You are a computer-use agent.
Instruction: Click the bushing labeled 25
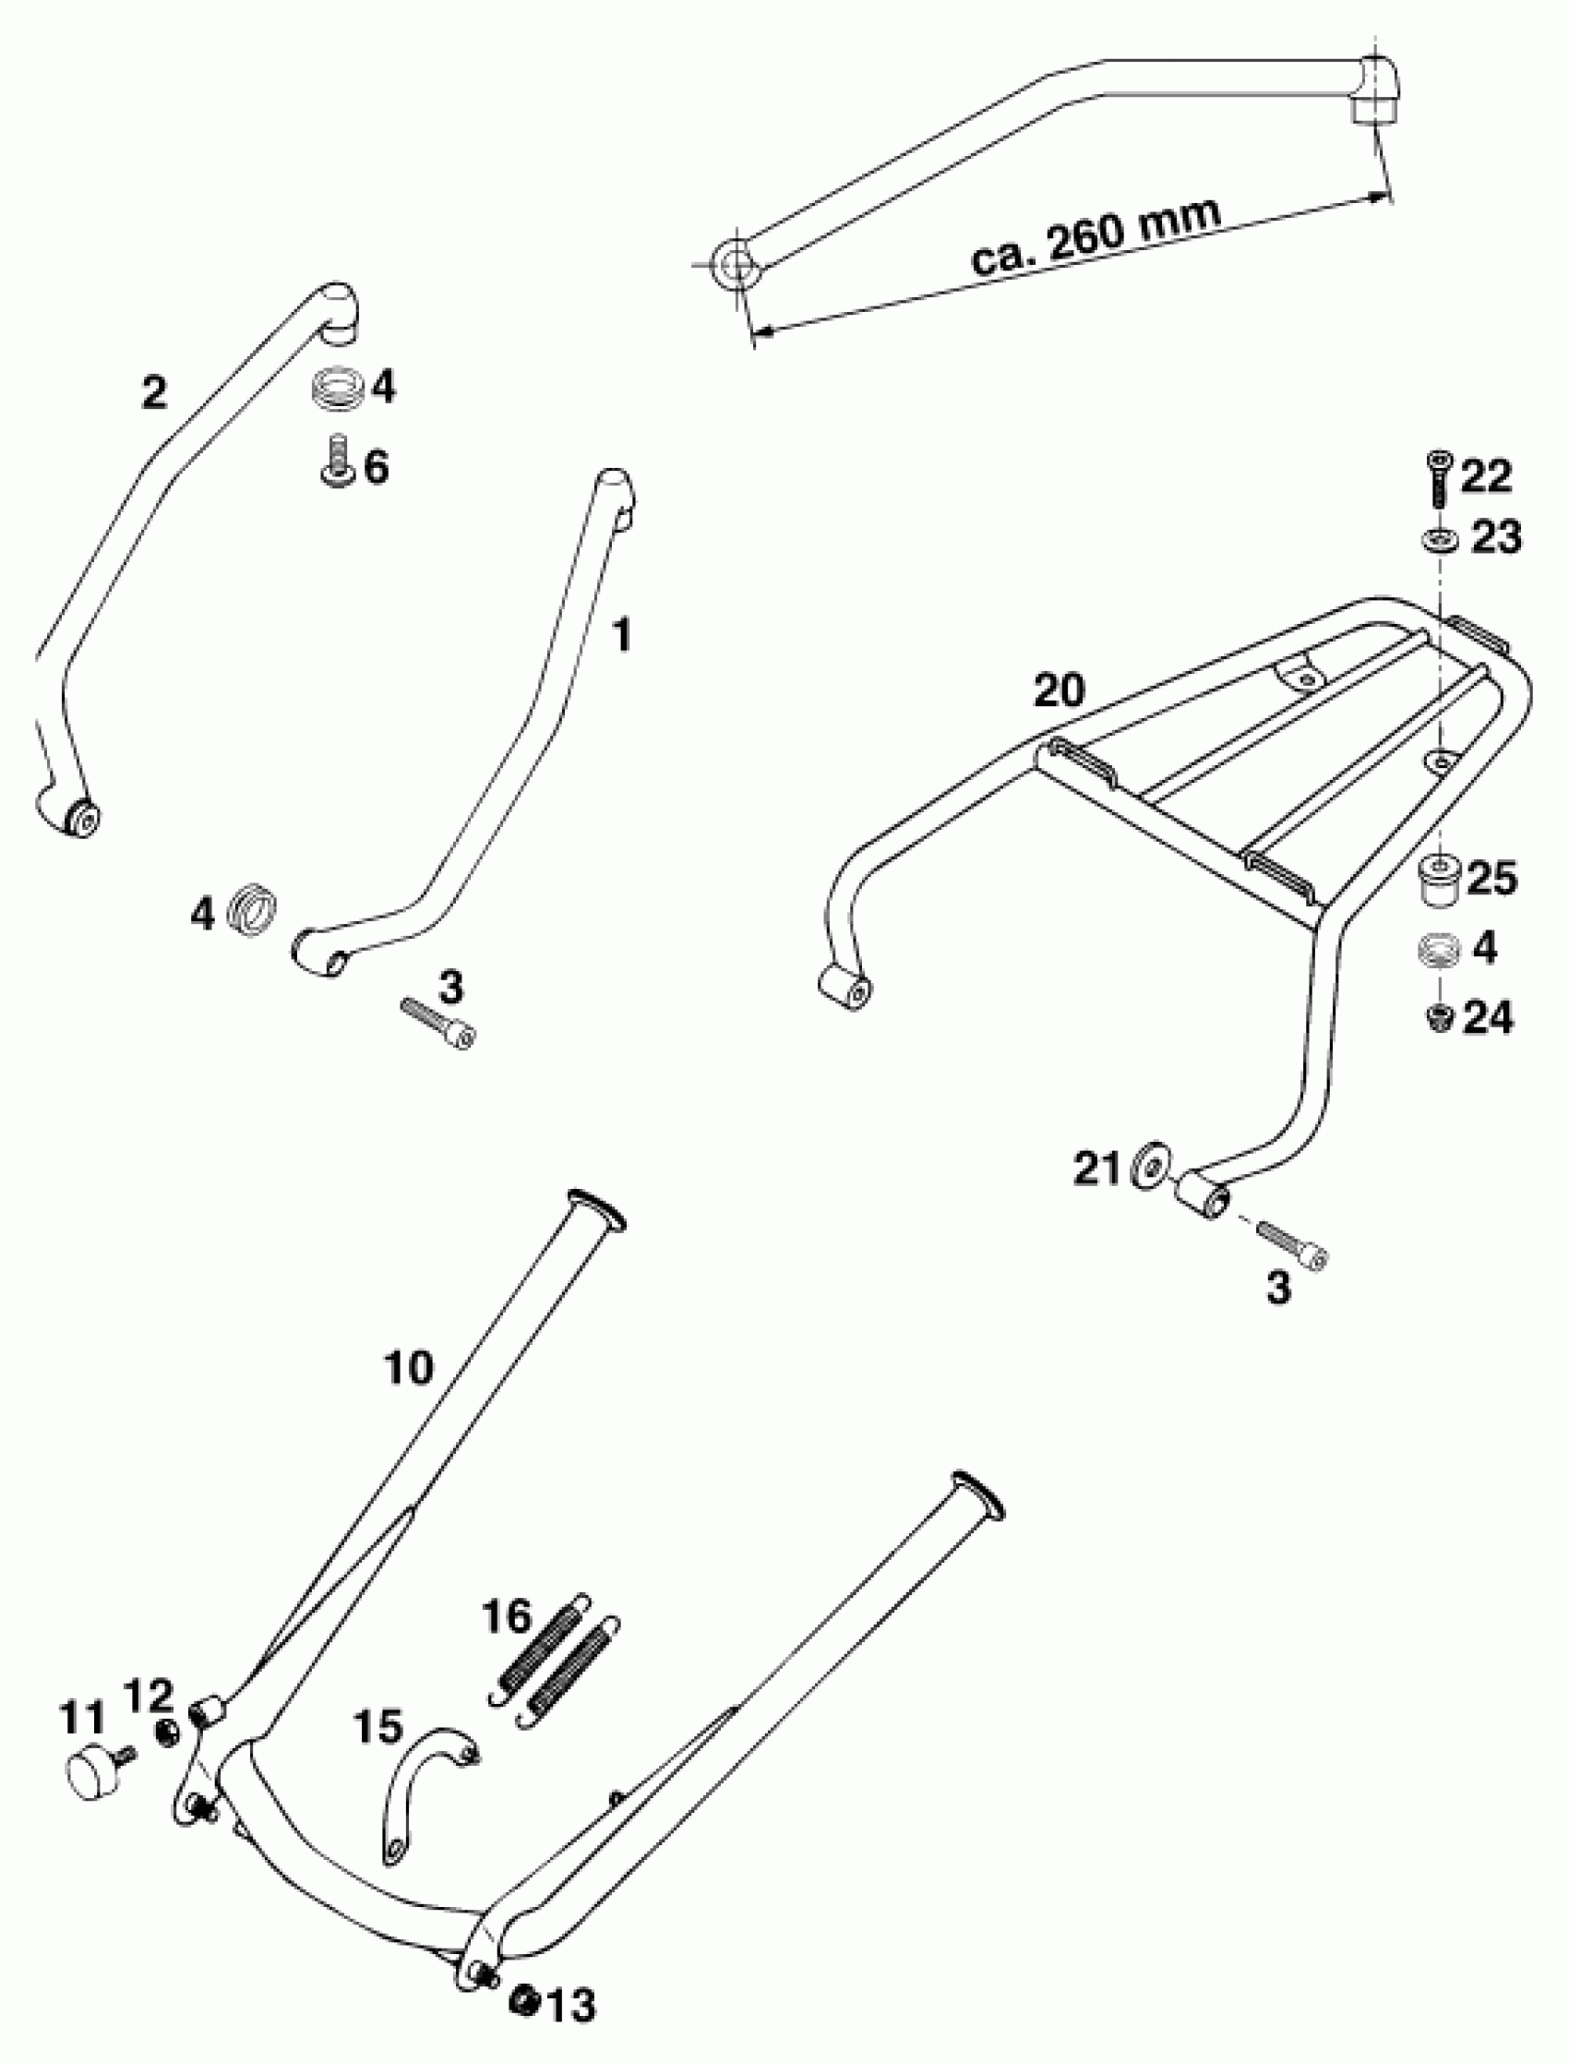point(1441,878)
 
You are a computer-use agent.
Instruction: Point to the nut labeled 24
point(1440,1018)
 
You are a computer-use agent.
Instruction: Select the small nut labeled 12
point(167,1733)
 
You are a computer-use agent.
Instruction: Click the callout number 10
point(409,1369)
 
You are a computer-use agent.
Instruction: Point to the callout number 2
point(154,392)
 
